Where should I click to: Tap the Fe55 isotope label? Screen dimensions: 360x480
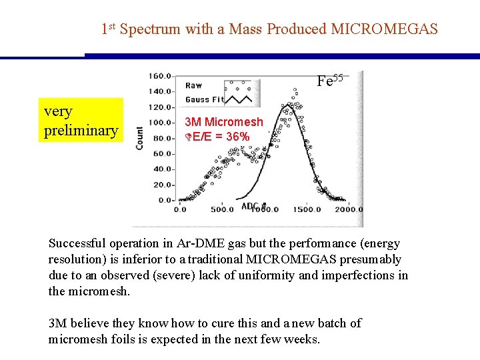[x=330, y=81]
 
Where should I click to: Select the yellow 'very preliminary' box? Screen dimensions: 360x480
[x=81, y=121]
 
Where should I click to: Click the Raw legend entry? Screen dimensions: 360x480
[x=193, y=85]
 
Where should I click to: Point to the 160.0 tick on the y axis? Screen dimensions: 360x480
[x=161, y=75]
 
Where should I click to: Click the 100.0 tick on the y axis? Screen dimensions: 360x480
[x=161, y=122]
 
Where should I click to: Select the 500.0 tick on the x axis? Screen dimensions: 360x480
[x=223, y=209]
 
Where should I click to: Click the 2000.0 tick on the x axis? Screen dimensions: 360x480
[x=347, y=209]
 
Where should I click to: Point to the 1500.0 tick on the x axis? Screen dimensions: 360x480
[x=306, y=209]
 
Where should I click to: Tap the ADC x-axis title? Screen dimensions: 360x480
[x=251, y=206]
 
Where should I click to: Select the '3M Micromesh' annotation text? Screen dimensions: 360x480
[x=224, y=122]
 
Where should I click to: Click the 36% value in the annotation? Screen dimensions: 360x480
[x=238, y=137]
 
